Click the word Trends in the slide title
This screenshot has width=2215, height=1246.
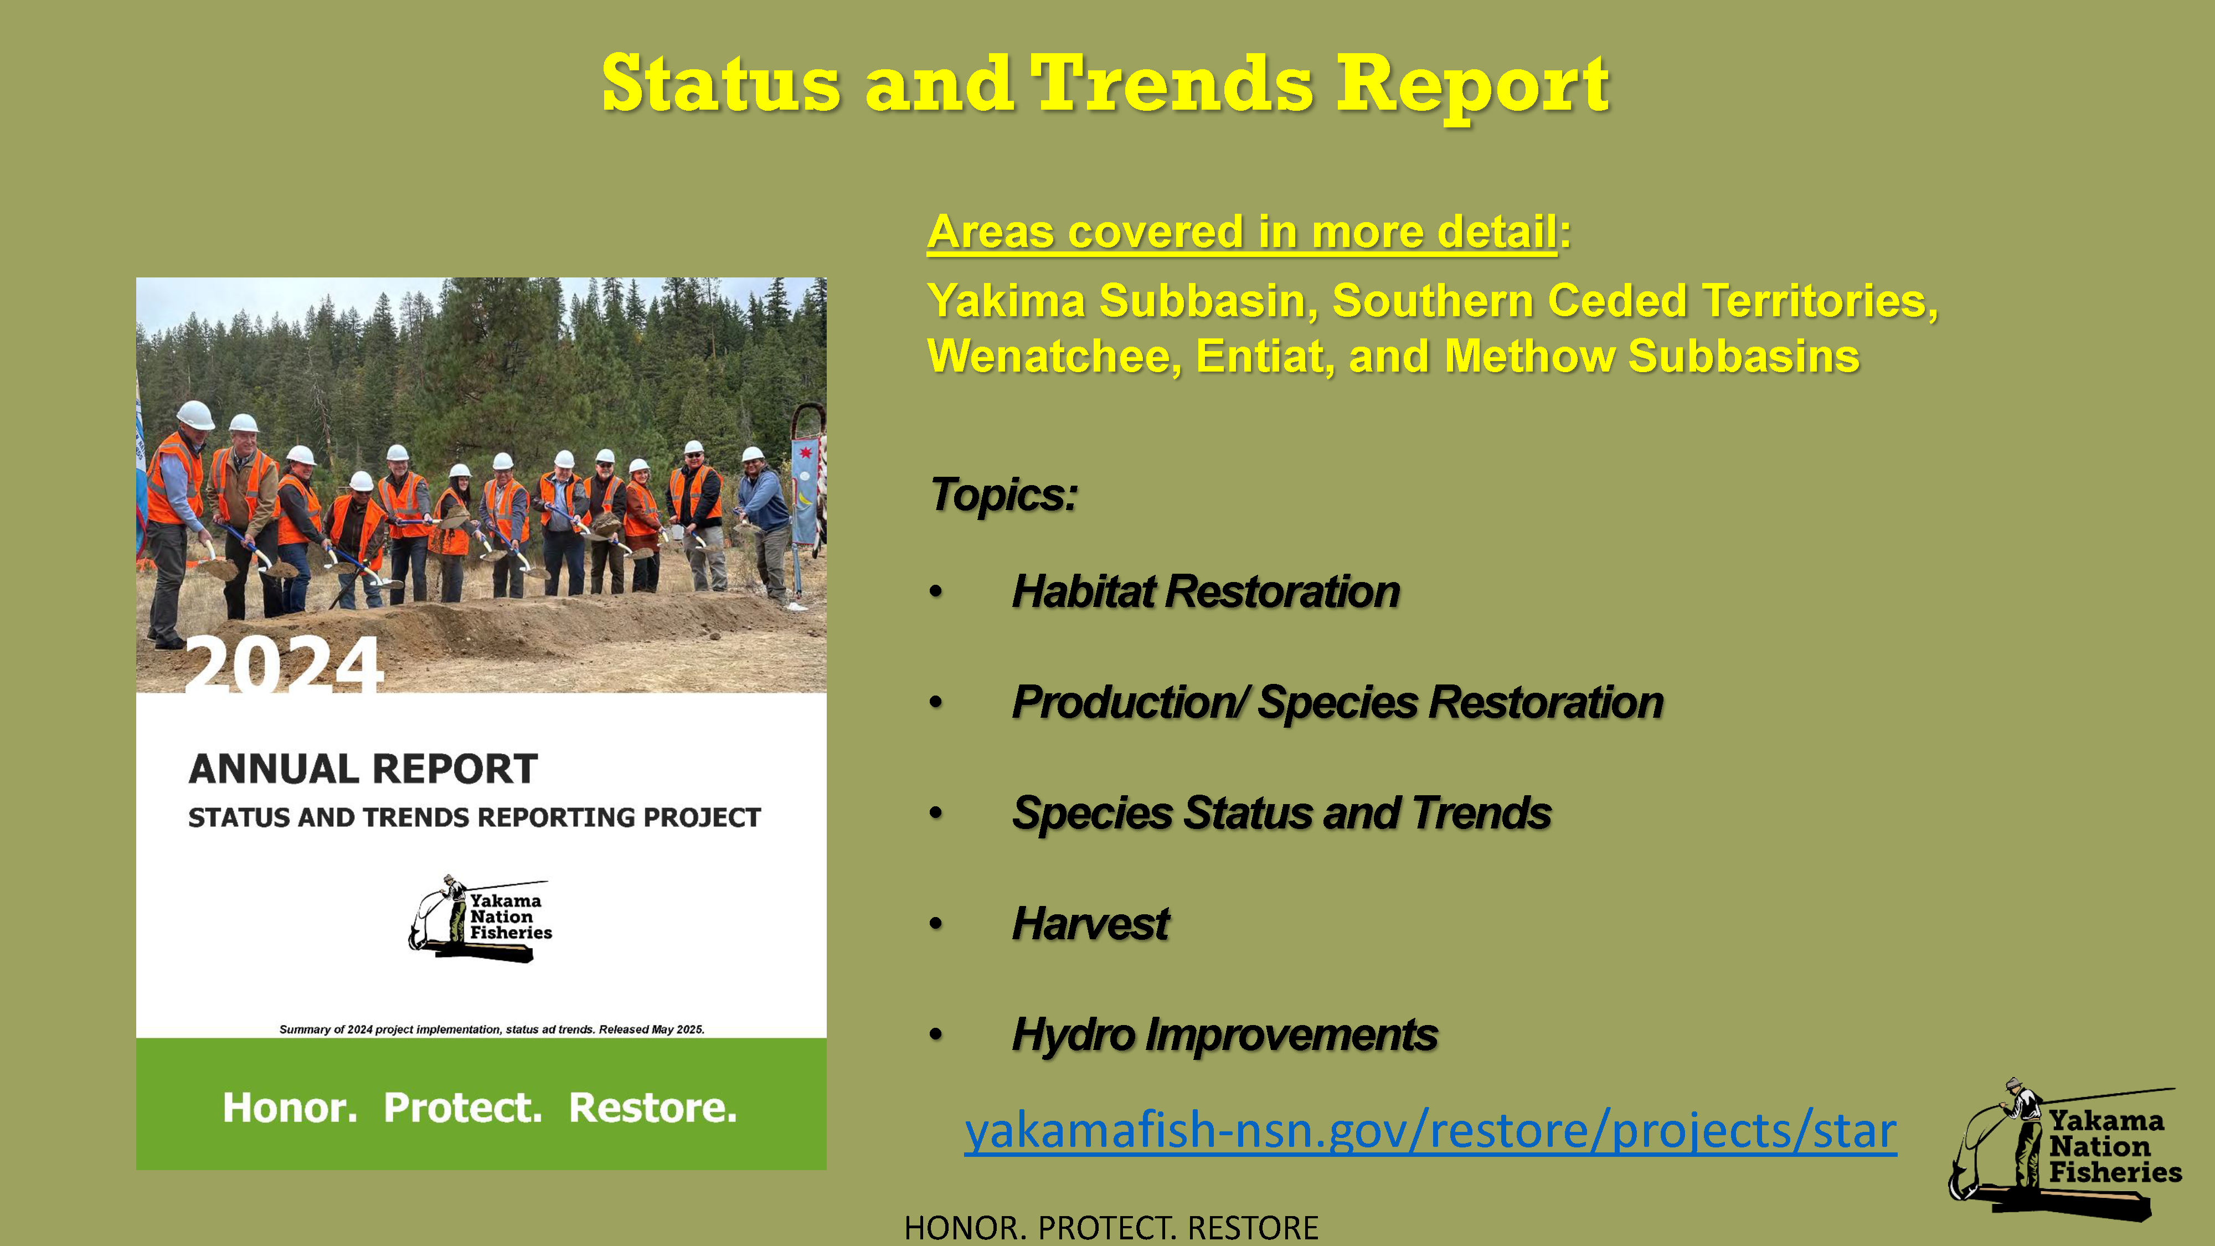pyautogui.click(x=1171, y=84)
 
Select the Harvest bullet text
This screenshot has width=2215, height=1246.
pyautogui.click(x=1090, y=924)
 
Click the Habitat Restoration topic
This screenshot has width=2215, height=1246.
pyautogui.click(x=1206, y=591)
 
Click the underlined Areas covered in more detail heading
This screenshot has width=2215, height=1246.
pyautogui.click(x=1243, y=232)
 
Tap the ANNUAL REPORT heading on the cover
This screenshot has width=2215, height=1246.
pyautogui.click(x=363, y=769)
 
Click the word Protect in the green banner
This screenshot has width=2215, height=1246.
pyautogui.click(x=462, y=1108)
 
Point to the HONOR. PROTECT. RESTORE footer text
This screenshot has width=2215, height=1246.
pyautogui.click(x=1111, y=1228)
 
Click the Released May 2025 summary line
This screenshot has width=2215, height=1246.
pyautogui.click(x=492, y=1029)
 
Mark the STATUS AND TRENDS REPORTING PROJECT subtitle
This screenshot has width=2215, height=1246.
pyautogui.click(x=475, y=817)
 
